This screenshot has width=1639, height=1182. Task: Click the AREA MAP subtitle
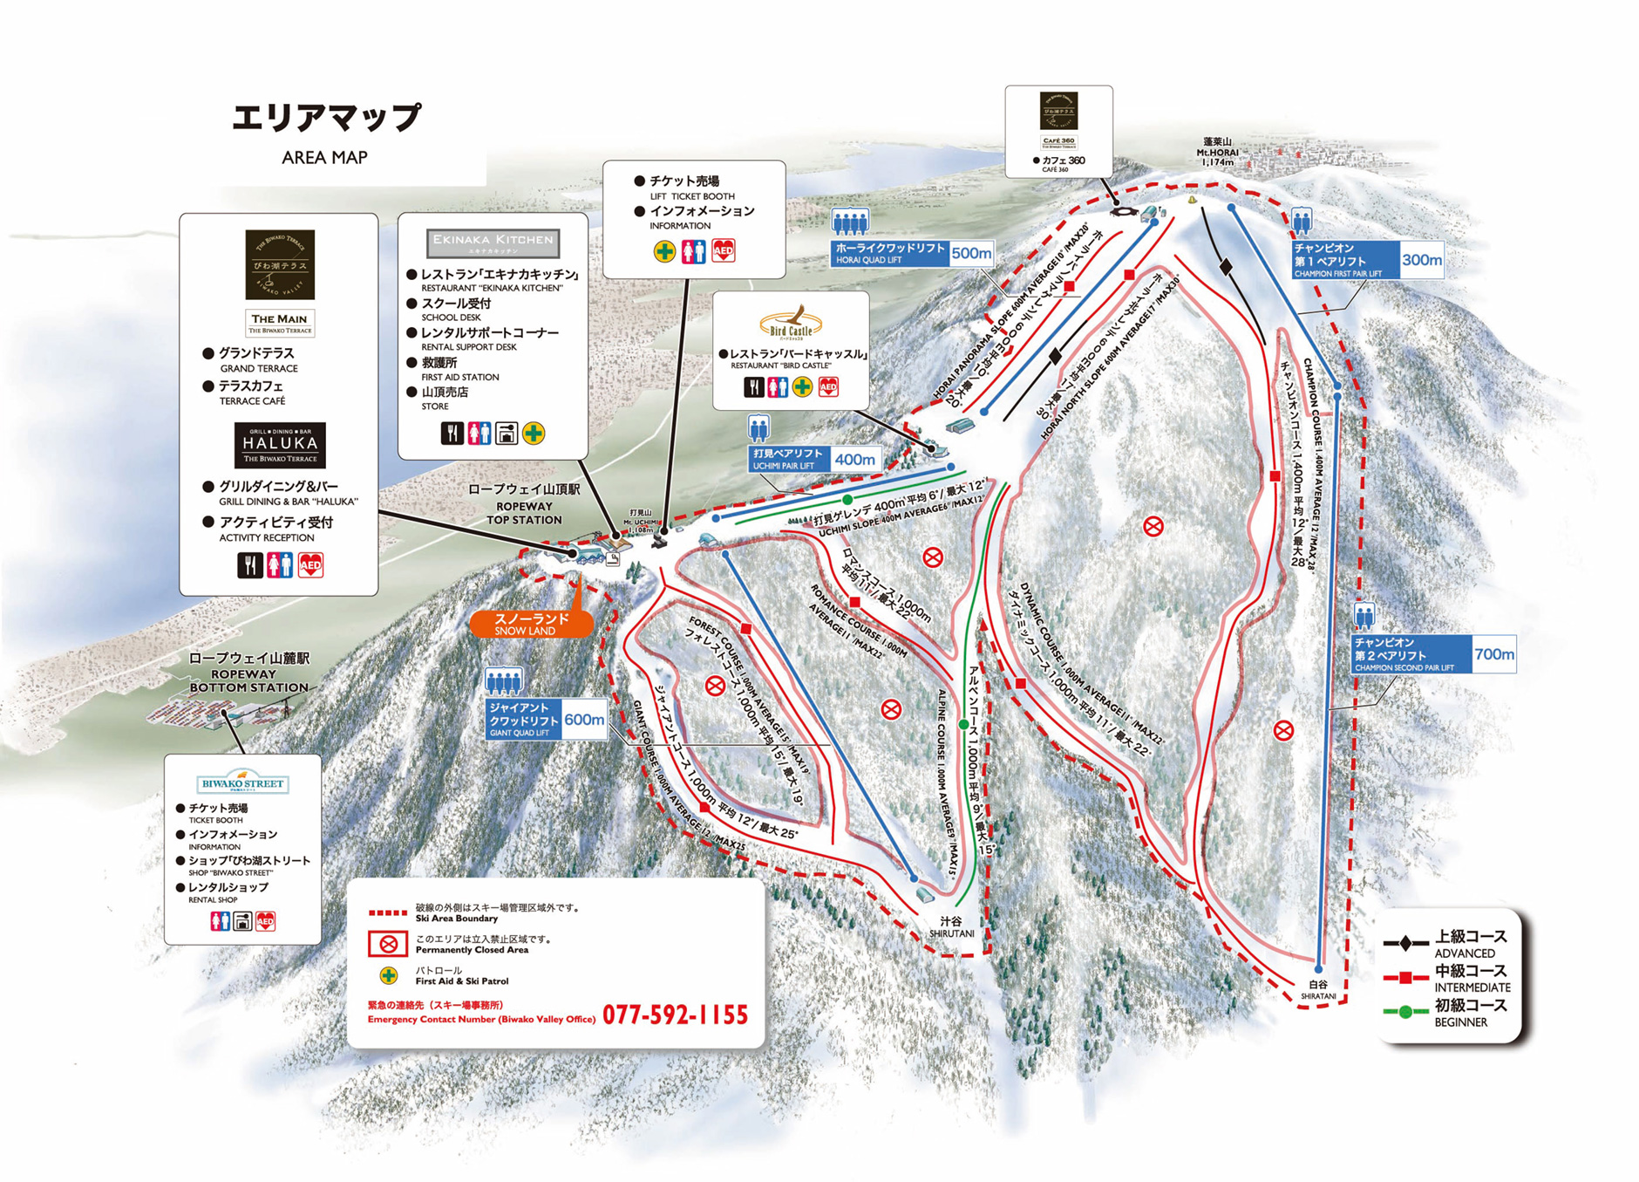pyautogui.click(x=324, y=158)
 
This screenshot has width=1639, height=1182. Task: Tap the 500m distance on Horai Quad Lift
pyautogui.click(x=970, y=254)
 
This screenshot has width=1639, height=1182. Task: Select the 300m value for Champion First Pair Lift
pyautogui.click(x=1421, y=260)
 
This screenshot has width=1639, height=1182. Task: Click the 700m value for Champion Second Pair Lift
pyautogui.click(x=1493, y=654)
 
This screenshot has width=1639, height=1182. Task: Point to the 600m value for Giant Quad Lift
pyautogui.click(x=583, y=720)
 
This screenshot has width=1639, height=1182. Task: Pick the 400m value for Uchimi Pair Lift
pyautogui.click(x=854, y=460)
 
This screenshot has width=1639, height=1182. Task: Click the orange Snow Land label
pyautogui.click(x=531, y=624)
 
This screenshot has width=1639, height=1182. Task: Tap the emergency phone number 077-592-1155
pyautogui.click(x=675, y=1015)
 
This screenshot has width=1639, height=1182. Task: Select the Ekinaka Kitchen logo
pyautogui.click(x=493, y=243)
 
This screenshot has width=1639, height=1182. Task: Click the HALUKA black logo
pyautogui.click(x=280, y=445)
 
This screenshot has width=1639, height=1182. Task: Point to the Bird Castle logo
pyautogui.click(x=791, y=323)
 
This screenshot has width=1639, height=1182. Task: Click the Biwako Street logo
pyautogui.click(x=242, y=782)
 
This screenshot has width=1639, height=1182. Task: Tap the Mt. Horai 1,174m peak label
pyautogui.click(x=1217, y=152)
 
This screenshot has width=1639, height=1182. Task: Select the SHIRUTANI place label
pyautogui.click(x=951, y=927)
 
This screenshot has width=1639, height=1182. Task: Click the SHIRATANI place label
pyautogui.click(x=1317, y=990)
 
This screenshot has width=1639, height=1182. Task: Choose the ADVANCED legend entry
pyautogui.click(x=1469, y=943)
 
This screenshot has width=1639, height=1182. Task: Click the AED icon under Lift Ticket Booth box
pyautogui.click(x=723, y=251)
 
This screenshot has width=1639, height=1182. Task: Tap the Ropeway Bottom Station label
pyautogui.click(x=249, y=673)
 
